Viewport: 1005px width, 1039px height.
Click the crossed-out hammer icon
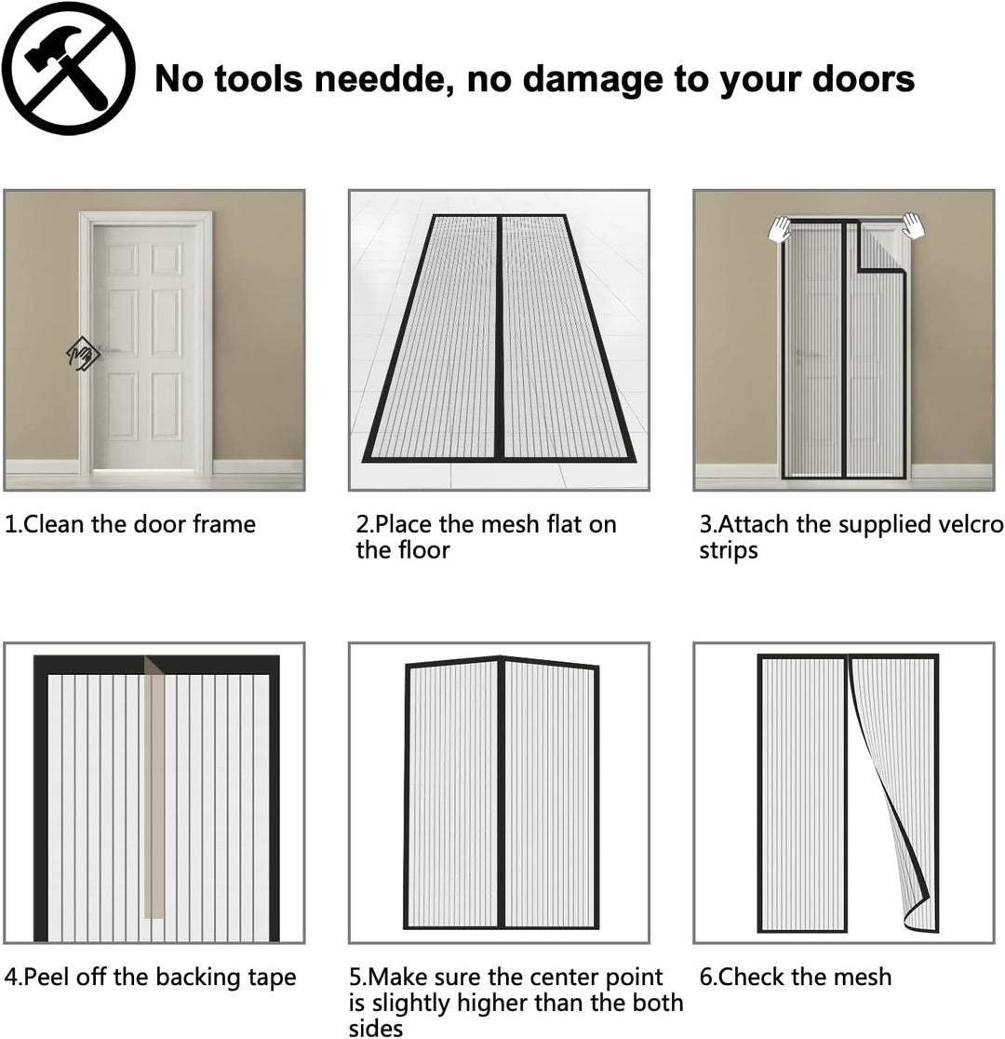[68, 68]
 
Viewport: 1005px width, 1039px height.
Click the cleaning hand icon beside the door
[83, 353]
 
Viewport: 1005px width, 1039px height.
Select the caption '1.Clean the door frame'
[130, 524]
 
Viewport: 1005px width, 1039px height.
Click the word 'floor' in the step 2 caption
[424, 550]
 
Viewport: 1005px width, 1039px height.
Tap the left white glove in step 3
[781, 230]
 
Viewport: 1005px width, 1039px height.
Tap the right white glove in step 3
[913, 225]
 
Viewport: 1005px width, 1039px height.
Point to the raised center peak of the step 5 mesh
[501, 658]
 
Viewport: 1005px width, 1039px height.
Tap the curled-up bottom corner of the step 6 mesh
[921, 918]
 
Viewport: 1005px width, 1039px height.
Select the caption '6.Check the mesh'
[796, 977]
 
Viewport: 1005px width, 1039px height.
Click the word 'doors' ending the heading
[864, 79]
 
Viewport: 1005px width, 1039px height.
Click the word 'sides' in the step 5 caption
[376, 1028]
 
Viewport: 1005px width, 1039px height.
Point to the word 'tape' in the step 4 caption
[273, 978]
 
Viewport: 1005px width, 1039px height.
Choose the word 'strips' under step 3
[728, 551]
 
